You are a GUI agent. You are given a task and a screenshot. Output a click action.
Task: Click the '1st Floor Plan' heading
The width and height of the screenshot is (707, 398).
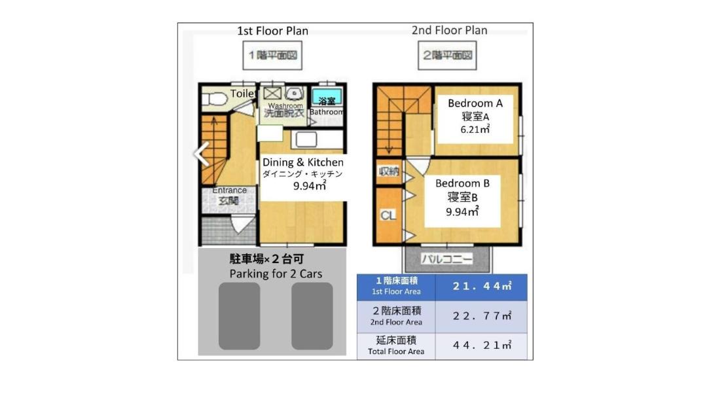tap(273, 31)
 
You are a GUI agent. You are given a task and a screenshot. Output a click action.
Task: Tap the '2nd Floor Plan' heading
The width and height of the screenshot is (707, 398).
tap(450, 30)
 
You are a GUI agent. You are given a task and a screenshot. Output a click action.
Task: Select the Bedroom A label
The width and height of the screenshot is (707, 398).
tap(475, 103)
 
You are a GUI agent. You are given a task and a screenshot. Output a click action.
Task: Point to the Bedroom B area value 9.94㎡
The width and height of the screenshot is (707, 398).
tap(462, 211)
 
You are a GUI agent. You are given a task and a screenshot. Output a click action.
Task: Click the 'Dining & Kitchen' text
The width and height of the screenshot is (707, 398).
tap(303, 162)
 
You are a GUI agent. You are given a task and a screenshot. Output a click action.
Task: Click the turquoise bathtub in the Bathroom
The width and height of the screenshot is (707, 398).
tap(327, 98)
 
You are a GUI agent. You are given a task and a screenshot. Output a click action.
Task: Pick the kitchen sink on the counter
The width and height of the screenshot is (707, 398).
tap(306, 139)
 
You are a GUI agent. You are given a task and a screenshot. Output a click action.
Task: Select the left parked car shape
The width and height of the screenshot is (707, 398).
tap(240, 316)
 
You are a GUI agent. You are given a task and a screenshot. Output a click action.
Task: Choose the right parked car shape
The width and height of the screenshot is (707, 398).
tap(312, 316)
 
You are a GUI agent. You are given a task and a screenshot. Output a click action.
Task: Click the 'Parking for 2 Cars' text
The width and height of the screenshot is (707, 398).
tap(276, 274)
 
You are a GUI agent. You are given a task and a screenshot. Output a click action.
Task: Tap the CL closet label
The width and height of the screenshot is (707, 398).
tap(388, 215)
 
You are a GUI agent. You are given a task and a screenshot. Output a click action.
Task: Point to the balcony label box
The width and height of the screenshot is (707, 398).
tap(447, 259)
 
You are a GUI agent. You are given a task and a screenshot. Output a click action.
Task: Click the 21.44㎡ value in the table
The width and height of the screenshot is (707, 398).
tap(482, 286)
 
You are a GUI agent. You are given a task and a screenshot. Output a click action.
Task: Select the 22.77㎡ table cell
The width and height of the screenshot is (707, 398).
tap(482, 316)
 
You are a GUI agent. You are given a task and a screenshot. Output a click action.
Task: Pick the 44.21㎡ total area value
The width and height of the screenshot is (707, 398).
tap(482, 345)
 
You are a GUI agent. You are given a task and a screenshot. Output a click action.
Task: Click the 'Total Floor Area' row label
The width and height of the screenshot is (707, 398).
tap(396, 352)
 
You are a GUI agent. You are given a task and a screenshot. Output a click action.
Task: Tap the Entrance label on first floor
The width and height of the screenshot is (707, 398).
tap(230, 190)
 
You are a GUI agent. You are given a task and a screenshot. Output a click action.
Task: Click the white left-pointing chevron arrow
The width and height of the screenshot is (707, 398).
tap(202, 154)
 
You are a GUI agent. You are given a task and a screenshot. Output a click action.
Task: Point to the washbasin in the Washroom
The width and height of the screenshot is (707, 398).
tap(294, 94)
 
